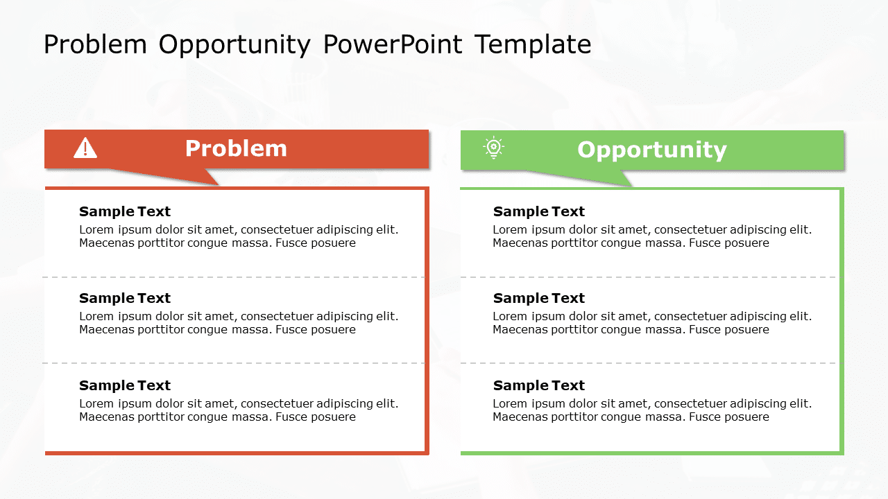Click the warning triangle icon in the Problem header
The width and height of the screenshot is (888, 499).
tap(85, 148)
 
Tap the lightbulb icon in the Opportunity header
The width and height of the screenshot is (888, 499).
tap(493, 148)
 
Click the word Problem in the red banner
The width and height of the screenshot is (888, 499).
tap(236, 148)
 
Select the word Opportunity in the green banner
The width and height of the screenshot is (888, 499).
tap(651, 150)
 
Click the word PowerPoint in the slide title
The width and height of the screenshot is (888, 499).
tap(392, 44)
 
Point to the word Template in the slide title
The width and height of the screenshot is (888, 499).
tap(533, 44)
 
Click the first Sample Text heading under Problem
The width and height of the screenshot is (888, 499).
tap(125, 211)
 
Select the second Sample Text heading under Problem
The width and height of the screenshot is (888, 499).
tap(125, 298)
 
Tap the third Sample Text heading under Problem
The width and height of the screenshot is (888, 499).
tap(125, 385)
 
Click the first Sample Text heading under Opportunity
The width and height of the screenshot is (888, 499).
tap(539, 211)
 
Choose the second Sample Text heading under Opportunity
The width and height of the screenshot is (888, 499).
tap(539, 298)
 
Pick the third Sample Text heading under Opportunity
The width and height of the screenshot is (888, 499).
tap(539, 385)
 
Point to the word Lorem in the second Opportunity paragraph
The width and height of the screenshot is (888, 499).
tap(509, 317)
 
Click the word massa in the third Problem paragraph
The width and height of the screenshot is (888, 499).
tap(255, 417)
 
